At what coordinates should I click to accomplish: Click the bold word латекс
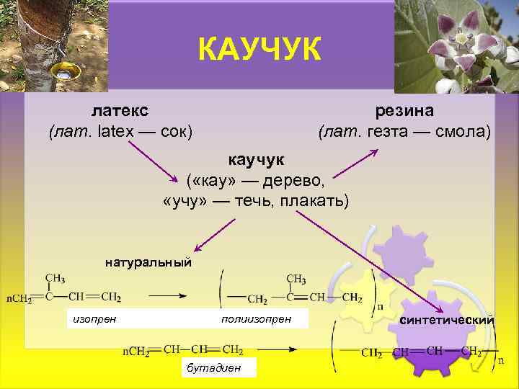(120, 111)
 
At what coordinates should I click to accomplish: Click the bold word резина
(404, 111)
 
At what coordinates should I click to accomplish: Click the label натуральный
(148, 261)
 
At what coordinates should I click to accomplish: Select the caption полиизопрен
(257, 318)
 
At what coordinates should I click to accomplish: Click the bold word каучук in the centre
(257, 158)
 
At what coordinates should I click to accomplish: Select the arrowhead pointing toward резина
(374, 151)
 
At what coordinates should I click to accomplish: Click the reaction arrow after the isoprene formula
(169, 295)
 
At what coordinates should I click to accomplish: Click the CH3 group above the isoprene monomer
(56, 277)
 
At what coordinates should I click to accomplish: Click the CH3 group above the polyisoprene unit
(296, 279)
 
